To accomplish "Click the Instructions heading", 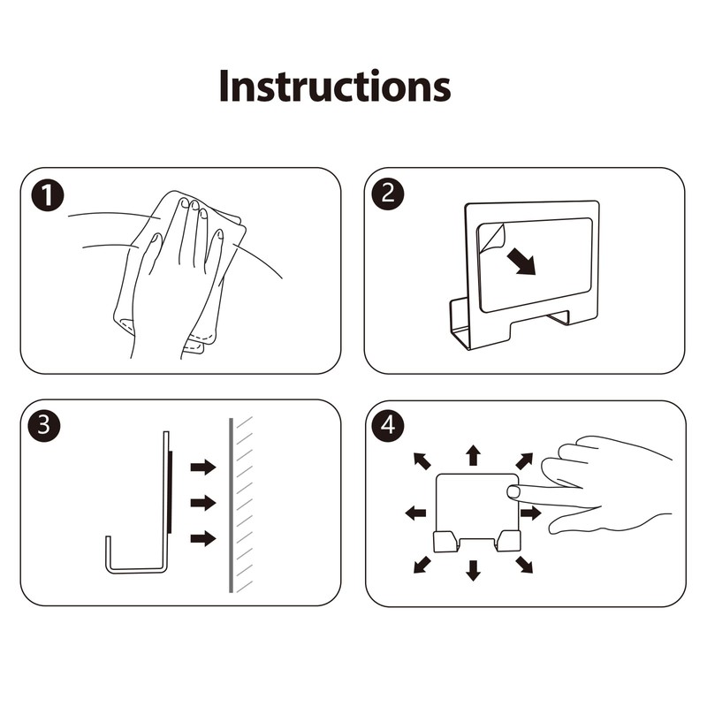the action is point(335,86).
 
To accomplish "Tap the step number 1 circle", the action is point(48,195).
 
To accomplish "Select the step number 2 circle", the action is point(388,194).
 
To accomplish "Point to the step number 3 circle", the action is point(43,425).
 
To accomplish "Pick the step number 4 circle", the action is point(388,425).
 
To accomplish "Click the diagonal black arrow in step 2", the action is point(521,262).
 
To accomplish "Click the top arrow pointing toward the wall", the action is point(203,467).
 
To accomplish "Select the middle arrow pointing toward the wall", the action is point(203,502).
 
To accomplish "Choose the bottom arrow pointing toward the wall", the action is point(203,537).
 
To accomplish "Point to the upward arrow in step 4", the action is point(473,455).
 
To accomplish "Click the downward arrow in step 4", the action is point(473,570).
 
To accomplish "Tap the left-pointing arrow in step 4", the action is point(415,513).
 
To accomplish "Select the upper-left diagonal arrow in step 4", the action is point(422,460).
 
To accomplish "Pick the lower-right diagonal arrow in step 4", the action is point(524,565).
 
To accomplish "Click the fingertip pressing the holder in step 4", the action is point(513,492).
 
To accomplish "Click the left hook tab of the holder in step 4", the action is point(446,541).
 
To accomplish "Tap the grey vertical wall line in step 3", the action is point(231,505).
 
